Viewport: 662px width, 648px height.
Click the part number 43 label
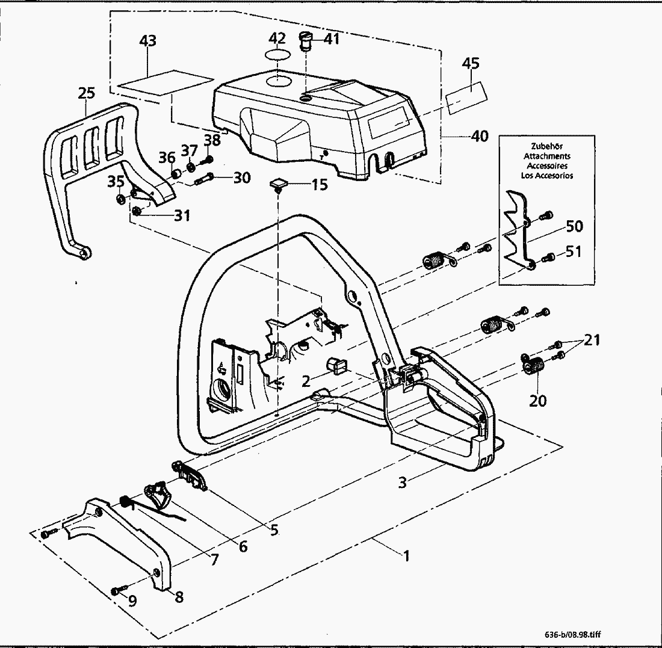(x=147, y=41)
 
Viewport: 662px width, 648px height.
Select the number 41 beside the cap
(x=332, y=39)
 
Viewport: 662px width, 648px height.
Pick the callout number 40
(x=480, y=137)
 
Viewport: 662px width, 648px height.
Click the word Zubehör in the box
(x=547, y=146)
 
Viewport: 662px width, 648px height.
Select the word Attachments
(x=547, y=156)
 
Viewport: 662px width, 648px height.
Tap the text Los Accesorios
(x=547, y=176)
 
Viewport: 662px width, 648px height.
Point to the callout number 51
(x=574, y=251)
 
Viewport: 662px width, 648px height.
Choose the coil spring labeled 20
(x=531, y=366)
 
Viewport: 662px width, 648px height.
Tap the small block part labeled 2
(x=335, y=365)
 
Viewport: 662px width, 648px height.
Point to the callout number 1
(x=406, y=557)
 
